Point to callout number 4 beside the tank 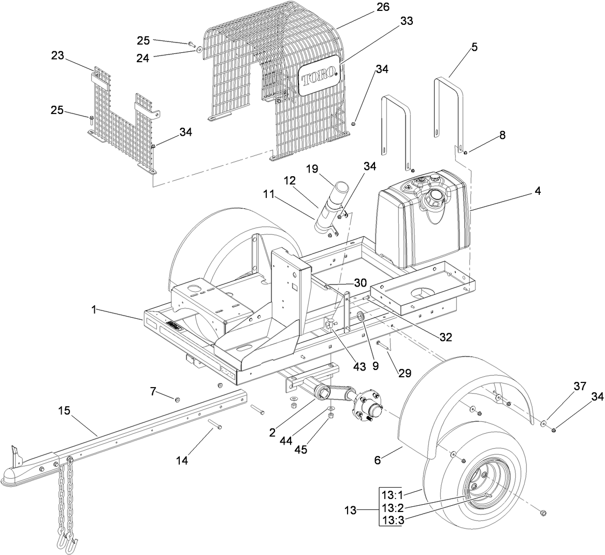[x=538, y=191]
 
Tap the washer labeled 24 [x=199, y=49]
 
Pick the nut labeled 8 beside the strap [x=466, y=152]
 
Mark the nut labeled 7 [x=178, y=399]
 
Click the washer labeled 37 [x=542, y=424]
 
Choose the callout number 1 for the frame [x=94, y=310]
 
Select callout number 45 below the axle [x=301, y=449]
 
